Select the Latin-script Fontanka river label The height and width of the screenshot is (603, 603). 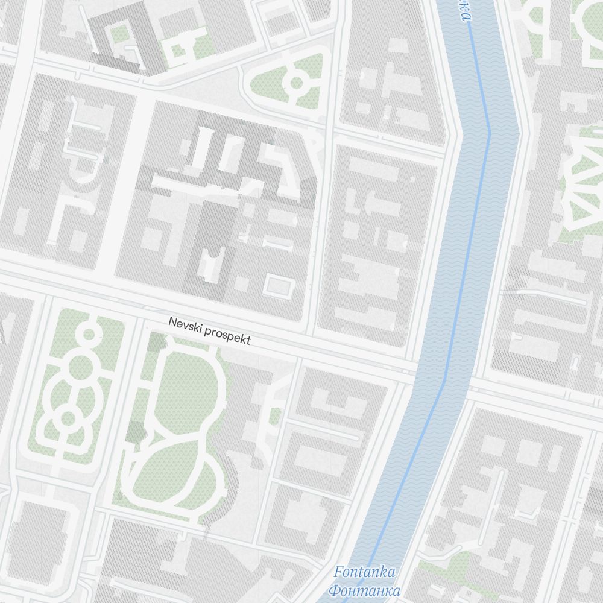point(364,572)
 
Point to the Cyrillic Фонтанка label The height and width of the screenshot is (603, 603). point(366,589)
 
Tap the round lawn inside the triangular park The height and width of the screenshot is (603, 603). point(296,83)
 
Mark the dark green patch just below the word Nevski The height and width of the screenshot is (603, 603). point(156,342)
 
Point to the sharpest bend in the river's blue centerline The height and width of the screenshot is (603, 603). point(489,133)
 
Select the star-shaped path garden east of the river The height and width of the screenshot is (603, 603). point(582,181)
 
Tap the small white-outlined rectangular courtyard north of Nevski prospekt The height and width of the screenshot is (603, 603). point(277,286)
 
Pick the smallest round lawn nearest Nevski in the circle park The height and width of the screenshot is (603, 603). point(89,333)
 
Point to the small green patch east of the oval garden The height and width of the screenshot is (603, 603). point(275,416)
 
